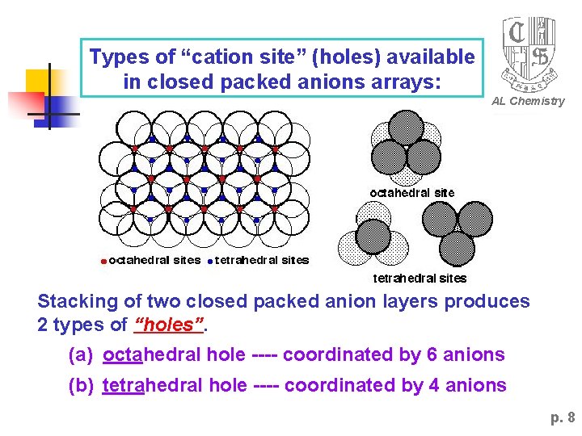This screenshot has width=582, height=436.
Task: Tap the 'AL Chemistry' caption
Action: coord(529,101)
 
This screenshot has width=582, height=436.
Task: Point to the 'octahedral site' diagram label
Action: coord(412,193)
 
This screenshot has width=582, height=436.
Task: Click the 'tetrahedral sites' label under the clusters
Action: coord(420,279)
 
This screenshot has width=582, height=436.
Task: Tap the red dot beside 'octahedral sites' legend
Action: coord(103,261)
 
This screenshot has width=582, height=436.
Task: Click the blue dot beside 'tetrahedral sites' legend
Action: coord(210,261)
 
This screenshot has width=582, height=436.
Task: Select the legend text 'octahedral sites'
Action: coord(154,260)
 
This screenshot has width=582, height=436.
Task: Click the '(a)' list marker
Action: coord(81,354)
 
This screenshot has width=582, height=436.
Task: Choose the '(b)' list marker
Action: coord(81,386)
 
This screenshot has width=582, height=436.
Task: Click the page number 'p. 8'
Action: coord(563,417)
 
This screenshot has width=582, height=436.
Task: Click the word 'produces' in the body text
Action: coord(491,302)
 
